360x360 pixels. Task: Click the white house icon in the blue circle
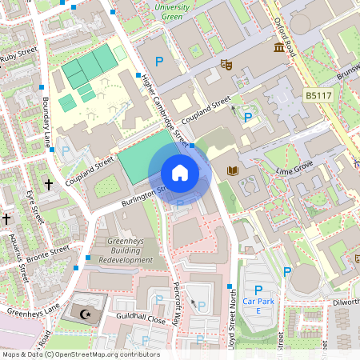(x=179, y=172)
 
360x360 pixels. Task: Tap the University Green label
(x=172, y=10)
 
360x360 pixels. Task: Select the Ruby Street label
(x=19, y=56)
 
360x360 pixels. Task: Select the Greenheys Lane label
(x=33, y=310)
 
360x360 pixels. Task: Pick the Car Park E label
(x=258, y=305)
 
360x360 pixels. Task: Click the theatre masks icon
(x=226, y=63)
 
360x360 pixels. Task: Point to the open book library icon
(x=234, y=170)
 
